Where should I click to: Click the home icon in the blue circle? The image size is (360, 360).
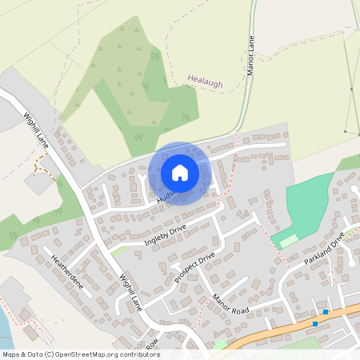click(179, 172)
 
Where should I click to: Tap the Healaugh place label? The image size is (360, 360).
click(205, 82)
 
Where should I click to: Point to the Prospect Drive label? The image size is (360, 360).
click(195, 270)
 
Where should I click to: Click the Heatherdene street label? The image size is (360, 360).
click(67, 272)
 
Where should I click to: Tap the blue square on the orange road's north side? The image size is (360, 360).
click(326, 312)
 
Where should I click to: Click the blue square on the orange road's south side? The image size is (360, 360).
click(315, 324)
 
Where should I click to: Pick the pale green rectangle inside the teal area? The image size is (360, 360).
click(287, 239)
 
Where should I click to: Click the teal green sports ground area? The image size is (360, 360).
click(308, 200)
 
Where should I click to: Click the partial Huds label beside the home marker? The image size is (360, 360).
click(165, 195)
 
